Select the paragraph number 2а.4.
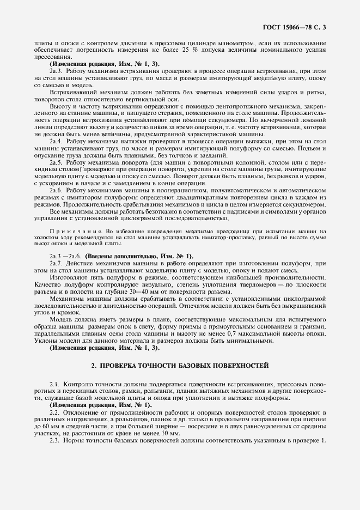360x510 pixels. [x=57, y=141]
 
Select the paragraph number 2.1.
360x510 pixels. [x=54, y=385]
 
